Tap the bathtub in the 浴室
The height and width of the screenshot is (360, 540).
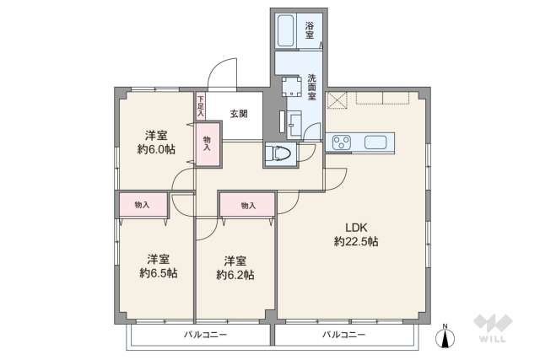[x=285, y=30]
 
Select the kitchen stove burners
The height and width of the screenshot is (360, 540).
[x=341, y=142]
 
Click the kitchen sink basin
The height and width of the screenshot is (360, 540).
[x=375, y=142]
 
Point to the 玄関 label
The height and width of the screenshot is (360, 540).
[x=239, y=114]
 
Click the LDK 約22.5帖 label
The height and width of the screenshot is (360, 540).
[x=356, y=234]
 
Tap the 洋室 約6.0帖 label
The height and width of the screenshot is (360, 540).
[x=156, y=142]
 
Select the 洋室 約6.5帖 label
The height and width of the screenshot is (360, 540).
[x=159, y=266]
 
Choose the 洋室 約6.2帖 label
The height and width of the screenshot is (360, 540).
[x=235, y=268]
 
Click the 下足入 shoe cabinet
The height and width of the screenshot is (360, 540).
[x=201, y=106]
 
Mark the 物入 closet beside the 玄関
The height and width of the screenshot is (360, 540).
[x=208, y=143]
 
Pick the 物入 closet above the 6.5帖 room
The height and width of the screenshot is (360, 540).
[x=143, y=205]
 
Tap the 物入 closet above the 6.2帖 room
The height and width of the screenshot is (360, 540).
[x=248, y=206]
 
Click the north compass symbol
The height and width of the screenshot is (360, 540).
[x=445, y=337]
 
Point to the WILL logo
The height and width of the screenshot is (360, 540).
[x=493, y=328]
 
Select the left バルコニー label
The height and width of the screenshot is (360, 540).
[x=205, y=335]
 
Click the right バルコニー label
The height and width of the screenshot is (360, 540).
[x=343, y=335]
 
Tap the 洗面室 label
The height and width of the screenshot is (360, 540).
[x=311, y=87]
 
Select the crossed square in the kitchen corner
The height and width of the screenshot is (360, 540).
[x=337, y=100]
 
